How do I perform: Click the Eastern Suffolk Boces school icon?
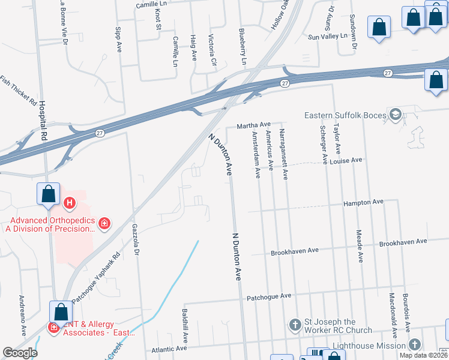coord(396,114)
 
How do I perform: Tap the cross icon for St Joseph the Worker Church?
coord(295,325)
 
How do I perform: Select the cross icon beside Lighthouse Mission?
coord(415,344)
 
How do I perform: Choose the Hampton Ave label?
coord(363,202)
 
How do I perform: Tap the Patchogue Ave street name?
coord(269,296)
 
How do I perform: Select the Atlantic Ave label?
coord(170,349)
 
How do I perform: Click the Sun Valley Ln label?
coord(328,37)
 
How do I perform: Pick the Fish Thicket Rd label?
coord(19,89)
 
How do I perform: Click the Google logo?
coord(20,353)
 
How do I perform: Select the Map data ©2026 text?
coord(424,355)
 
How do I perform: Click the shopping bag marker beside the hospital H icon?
coord(48,194)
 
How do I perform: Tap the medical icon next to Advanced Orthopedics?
coord(104,224)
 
